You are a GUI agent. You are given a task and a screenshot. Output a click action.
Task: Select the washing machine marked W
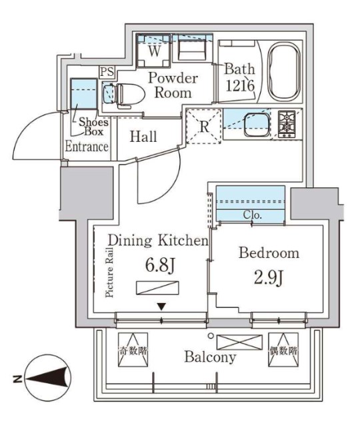154,51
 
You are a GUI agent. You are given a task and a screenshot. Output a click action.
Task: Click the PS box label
107,73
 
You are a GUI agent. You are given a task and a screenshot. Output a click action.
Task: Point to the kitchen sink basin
257,125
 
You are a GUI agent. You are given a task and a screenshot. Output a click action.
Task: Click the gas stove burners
287,125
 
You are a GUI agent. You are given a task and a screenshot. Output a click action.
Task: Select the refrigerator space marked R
205,127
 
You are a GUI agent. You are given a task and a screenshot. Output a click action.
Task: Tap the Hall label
143,137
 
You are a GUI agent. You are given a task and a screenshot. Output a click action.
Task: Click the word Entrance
87,147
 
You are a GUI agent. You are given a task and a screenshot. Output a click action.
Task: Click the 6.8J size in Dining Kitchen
161,266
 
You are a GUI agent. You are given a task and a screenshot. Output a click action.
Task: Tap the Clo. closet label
253,214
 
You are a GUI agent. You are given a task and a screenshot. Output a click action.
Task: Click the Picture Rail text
110,272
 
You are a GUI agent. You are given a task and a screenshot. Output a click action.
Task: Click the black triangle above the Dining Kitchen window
161,306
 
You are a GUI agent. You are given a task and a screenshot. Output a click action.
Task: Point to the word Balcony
210,357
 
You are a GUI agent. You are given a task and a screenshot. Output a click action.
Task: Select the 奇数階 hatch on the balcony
133,349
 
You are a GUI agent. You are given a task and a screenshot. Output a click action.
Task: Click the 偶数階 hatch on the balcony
283,349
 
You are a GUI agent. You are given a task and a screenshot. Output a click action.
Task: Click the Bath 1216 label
240,77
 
